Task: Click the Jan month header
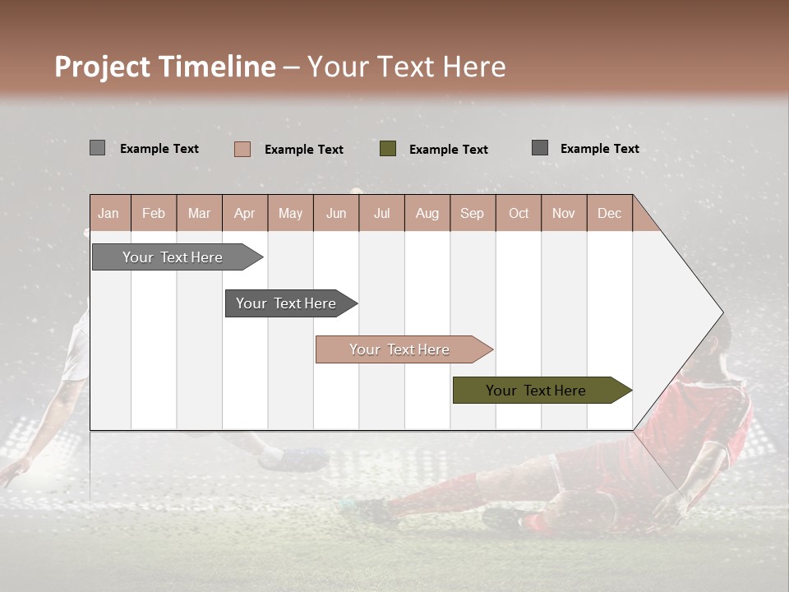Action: [108, 213]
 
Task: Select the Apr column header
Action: [244, 213]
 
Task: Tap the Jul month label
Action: [381, 213]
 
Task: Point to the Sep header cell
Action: [472, 213]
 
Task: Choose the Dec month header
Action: [609, 213]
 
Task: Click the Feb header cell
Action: [154, 213]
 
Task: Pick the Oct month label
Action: [519, 213]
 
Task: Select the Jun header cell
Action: [336, 213]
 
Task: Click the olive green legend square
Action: [388, 148]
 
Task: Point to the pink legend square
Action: [242, 149]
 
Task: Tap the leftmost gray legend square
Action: [97, 148]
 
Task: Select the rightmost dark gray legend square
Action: [540, 148]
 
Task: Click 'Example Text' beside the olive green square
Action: [448, 149]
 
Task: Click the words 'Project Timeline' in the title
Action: [164, 67]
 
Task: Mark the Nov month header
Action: [564, 213]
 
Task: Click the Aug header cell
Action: [427, 213]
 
